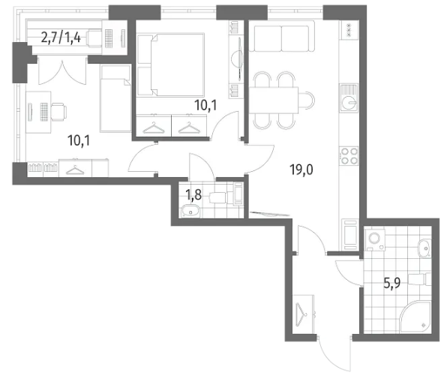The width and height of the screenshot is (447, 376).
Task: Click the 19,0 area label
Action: (x=301, y=170)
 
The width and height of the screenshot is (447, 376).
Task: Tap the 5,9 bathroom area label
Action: (x=392, y=283)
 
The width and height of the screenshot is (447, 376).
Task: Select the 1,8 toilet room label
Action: (x=193, y=195)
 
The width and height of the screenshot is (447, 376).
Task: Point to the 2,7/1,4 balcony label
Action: (x=61, y=37)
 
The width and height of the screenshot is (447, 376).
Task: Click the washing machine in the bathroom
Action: (x=375, y=239)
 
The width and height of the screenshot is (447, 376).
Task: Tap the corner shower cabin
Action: (x=415, y=317)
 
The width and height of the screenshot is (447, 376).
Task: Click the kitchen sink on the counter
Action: (x=349, y=98)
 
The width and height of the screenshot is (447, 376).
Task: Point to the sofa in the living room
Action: (x=282, y=36)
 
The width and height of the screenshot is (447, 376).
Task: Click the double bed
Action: (x=171, y=65)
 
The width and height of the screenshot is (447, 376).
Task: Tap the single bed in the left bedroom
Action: (x=115, y=98)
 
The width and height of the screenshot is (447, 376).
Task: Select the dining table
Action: (x=274, y=100)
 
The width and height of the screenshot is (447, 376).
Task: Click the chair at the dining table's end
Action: (x=307, y=100)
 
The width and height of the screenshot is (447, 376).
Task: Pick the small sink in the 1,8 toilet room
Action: (x=190, y=212)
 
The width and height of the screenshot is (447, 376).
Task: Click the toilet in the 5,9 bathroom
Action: (x=420, y=279)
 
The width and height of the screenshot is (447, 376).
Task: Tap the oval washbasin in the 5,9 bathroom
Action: (x=424, y=248)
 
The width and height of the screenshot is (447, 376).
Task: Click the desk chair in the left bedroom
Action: (x=59, y=111)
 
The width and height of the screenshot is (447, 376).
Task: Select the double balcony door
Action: (x=62, y=71)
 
